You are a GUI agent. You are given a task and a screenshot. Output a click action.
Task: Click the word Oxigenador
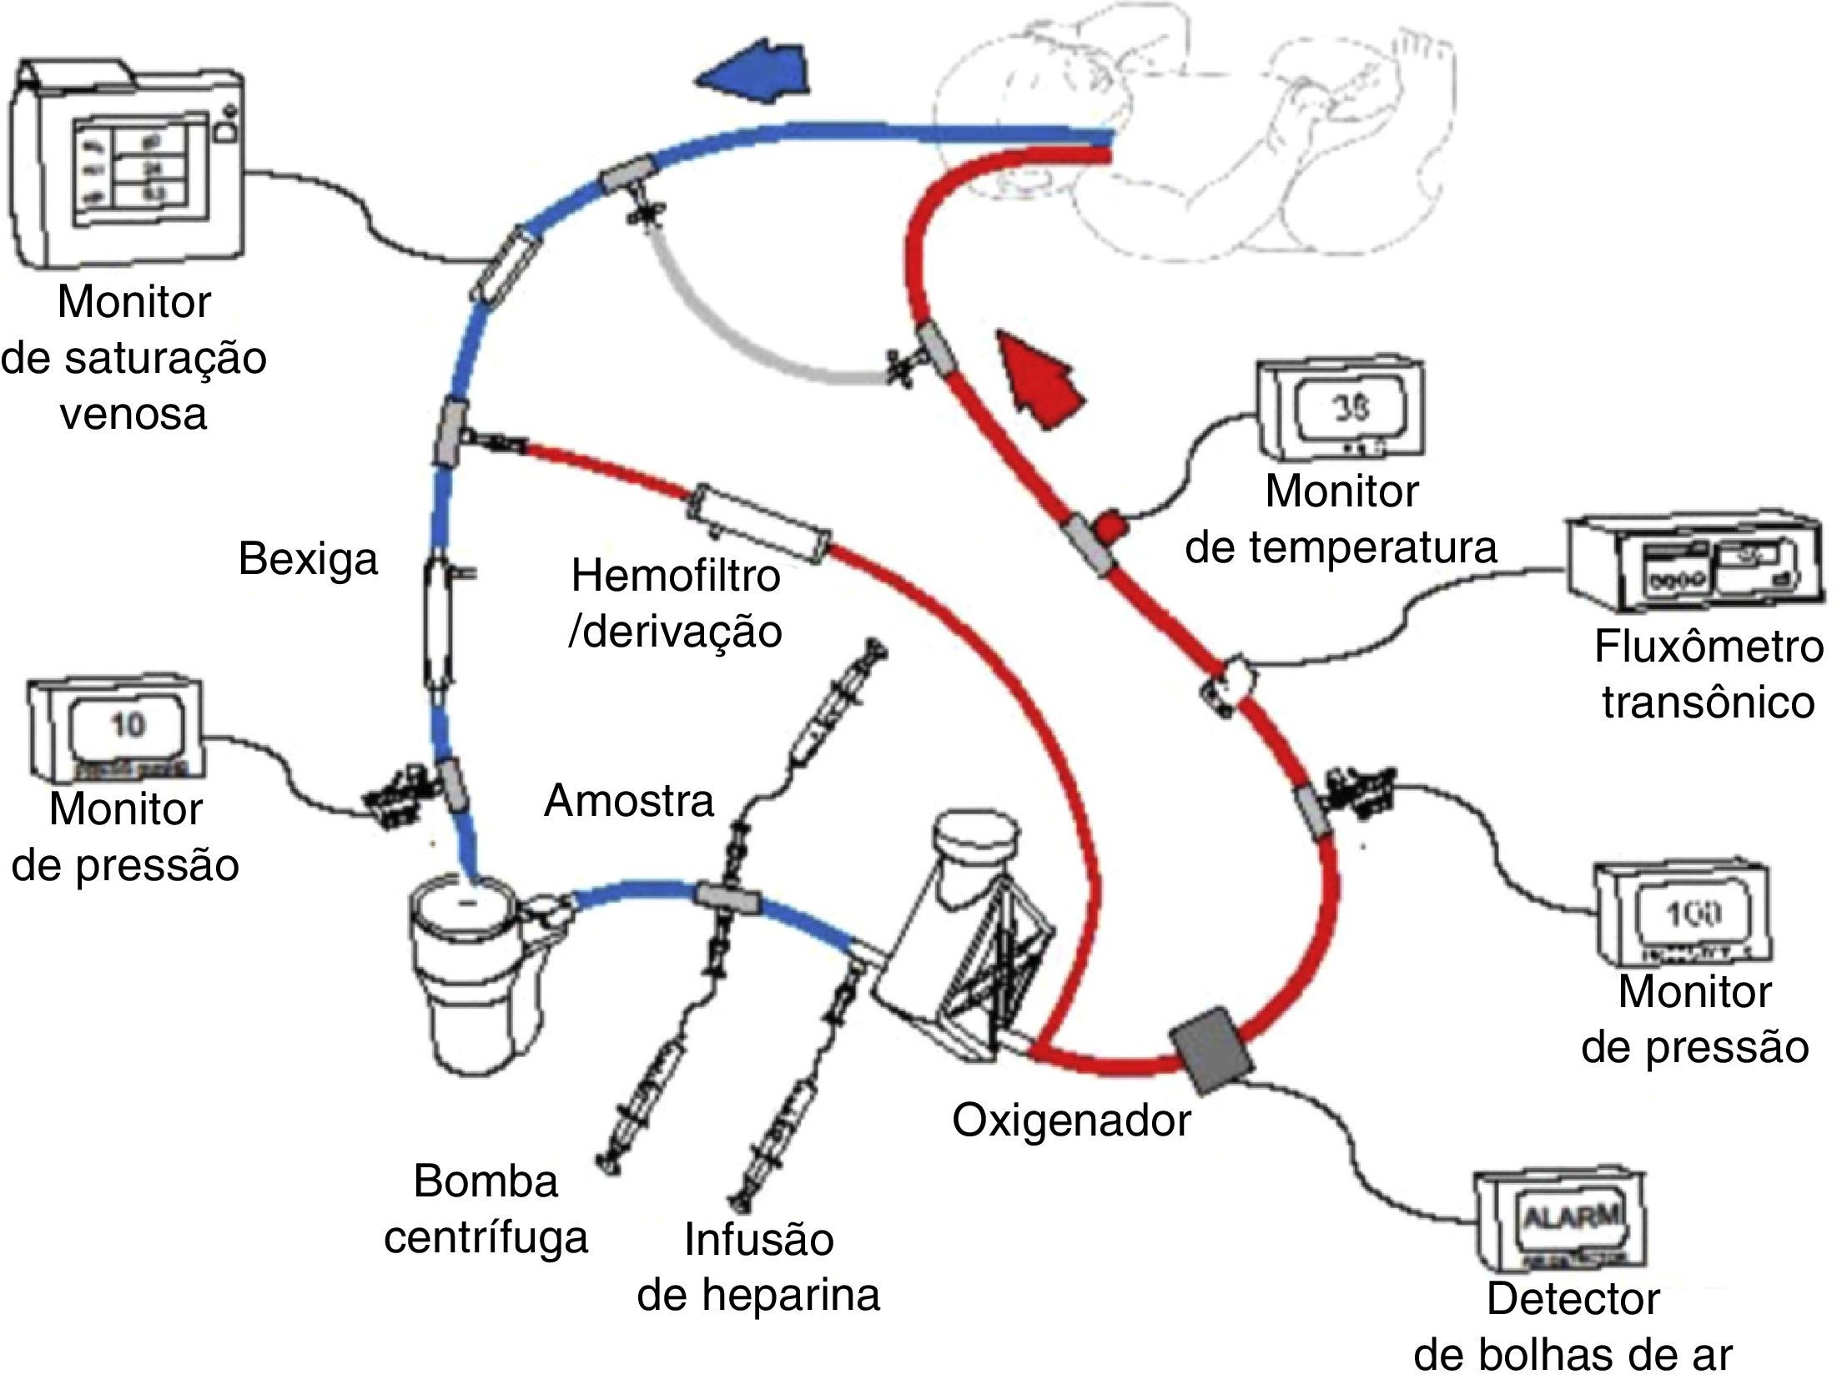(x=1070, y=1121)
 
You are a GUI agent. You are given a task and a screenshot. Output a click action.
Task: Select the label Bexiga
(x=307, y=558)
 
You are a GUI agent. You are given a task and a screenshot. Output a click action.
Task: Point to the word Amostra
(x=629, y=801)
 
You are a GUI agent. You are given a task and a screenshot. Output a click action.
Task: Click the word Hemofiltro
(x=675, y=576)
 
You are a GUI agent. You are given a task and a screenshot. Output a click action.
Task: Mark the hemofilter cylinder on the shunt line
(x=757, y=522)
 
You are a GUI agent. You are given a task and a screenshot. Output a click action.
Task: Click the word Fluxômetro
(x=1708, y=647)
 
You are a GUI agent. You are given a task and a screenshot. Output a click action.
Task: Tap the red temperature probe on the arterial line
(x=1112, y=525)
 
